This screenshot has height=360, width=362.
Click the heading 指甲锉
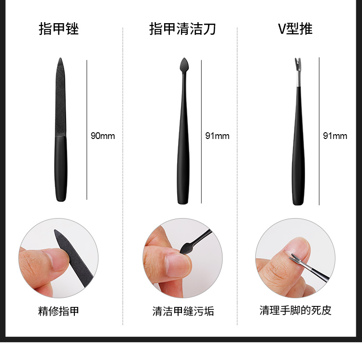[58, 29]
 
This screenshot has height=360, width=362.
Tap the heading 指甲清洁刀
[182, 29]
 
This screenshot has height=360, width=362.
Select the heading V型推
[295, 29]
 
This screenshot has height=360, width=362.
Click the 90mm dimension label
[103, 136]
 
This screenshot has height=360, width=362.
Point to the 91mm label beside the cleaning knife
[217, 136]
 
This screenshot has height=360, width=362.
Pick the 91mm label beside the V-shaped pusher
[335, 136]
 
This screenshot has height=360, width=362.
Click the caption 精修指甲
[58, 311]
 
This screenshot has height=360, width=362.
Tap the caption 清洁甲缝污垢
[183, 311]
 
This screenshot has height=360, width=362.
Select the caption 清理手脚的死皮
[295, 310]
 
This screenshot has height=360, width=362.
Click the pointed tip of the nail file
[60, 58]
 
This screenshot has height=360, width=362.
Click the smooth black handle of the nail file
[61, 169]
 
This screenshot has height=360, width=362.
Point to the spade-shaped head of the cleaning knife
[184, 65]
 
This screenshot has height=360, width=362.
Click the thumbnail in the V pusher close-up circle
[298, 247]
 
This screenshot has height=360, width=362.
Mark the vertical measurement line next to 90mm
[87, 130]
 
